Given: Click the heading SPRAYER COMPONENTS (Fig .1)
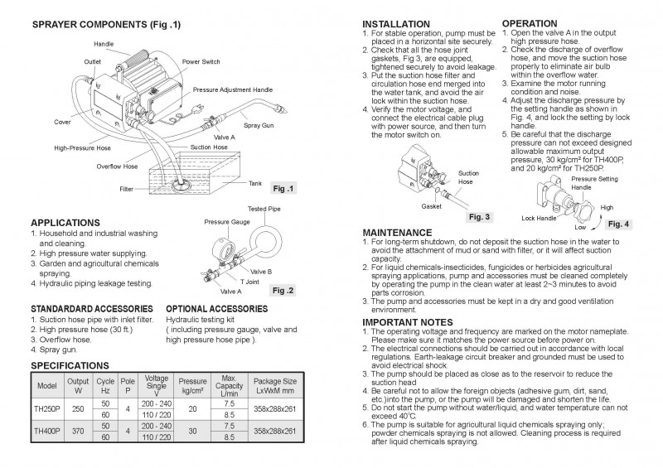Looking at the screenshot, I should tap(105, 26).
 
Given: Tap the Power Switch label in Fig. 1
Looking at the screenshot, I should tap(201, 61).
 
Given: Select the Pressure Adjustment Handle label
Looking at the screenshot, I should tap(234, 88).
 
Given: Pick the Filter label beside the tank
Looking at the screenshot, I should tap(126, 189).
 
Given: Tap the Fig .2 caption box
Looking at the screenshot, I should tap(283, 291).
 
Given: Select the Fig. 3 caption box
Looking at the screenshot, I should tap(480, 217).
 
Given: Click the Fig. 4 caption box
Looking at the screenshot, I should tap(617, 224).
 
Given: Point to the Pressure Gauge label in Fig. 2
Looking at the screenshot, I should tap(229, 223).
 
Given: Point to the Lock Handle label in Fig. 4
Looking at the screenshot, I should tap(540, 218).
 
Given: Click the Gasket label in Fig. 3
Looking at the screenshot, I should tap(431, 205).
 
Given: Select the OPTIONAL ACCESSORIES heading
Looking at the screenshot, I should tap(217, 308).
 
